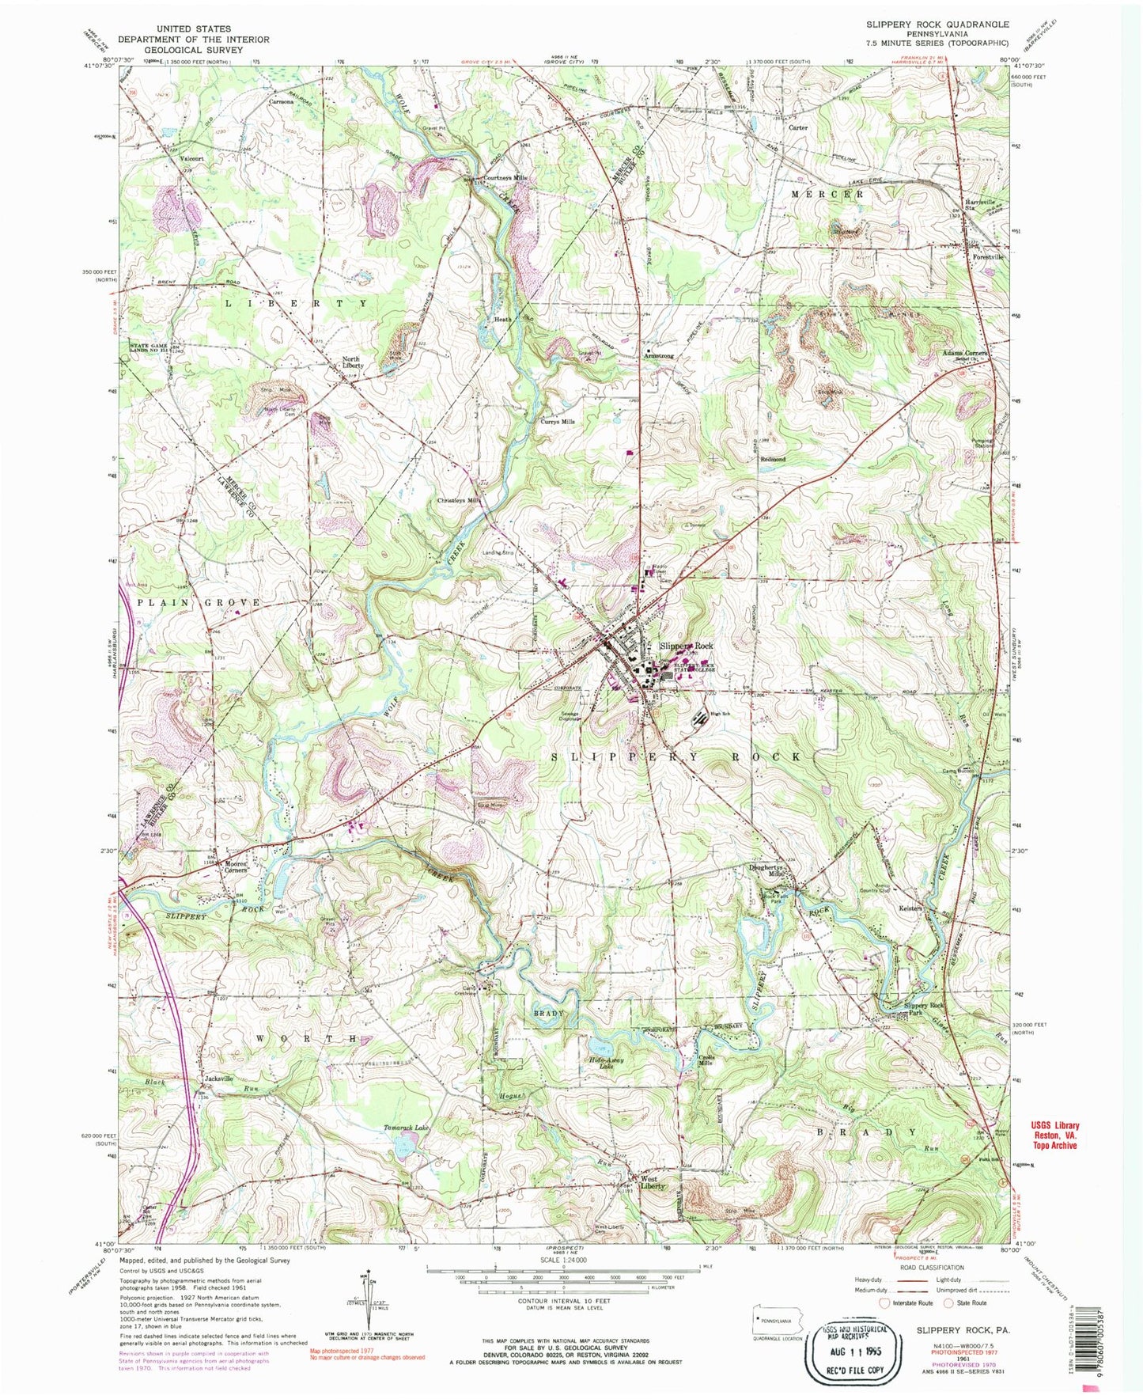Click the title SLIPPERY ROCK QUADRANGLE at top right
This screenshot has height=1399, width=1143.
click(937, 25)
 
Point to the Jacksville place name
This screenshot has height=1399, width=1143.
click(218, 1079)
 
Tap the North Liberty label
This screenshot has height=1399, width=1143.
click(352, 362)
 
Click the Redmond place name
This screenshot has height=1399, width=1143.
click(773, 459)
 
